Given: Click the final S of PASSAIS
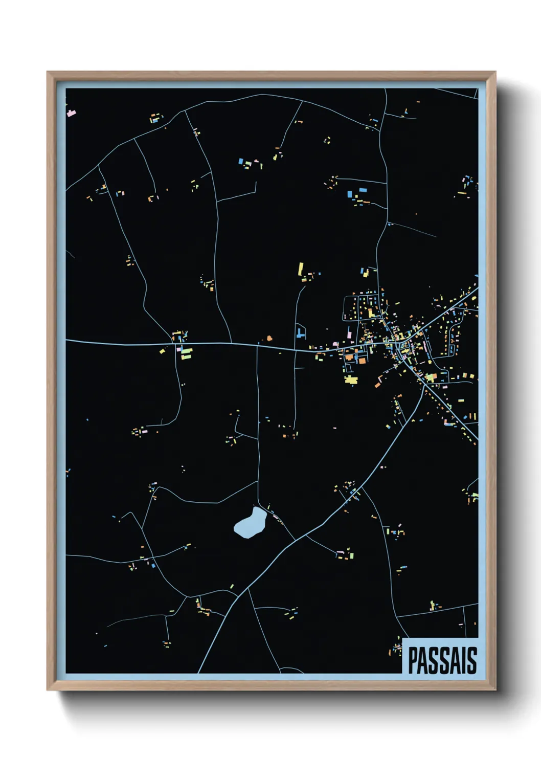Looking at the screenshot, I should point(472,660).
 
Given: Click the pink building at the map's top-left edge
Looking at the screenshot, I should point(71,112).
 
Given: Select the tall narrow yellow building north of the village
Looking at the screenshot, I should point(301,269).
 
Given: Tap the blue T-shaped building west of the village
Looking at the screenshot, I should point(300,333).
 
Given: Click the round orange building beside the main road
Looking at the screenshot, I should point(269,338).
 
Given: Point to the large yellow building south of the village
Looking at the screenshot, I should point(351,379).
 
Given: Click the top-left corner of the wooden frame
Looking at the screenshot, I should point(48,72).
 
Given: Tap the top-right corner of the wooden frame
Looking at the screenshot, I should point(495,72).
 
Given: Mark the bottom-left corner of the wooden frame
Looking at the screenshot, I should point(48,690).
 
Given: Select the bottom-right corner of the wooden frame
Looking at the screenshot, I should point(495,690).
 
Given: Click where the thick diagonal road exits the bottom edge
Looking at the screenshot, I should point(198,672).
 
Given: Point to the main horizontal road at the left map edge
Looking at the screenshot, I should point(67,340).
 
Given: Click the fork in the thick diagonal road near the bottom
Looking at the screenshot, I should point(248,588).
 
